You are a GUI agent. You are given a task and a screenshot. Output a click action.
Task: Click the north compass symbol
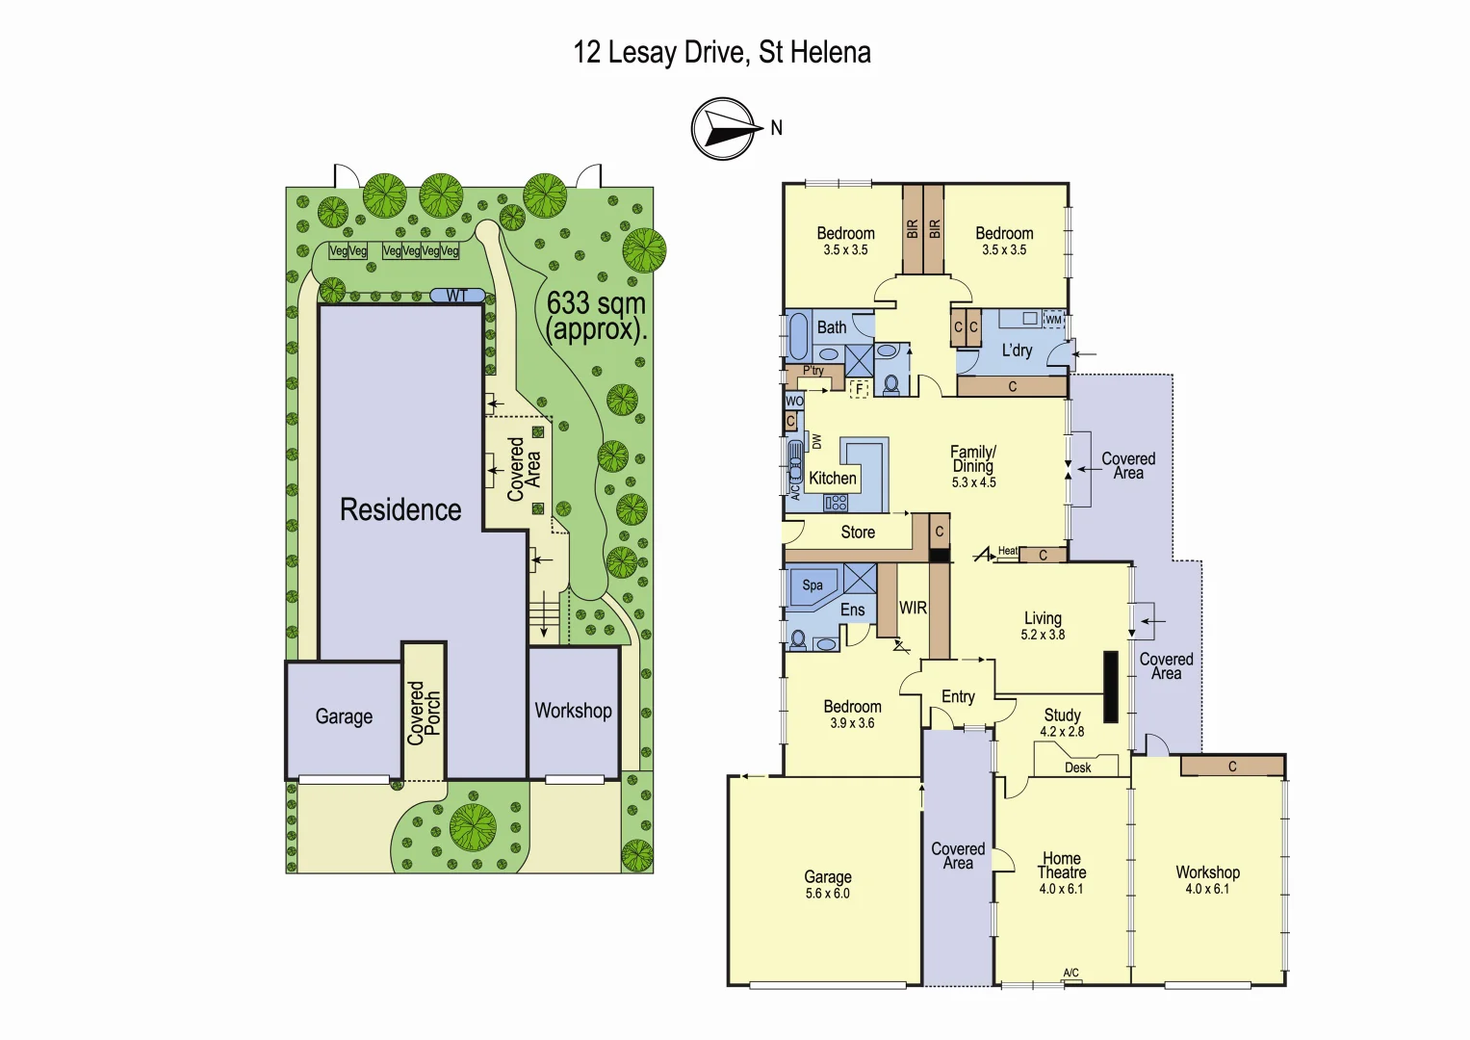point(723,129)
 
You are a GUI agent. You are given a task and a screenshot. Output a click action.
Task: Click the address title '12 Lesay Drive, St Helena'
point(722,52)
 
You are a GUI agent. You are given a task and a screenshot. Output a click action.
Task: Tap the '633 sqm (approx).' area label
point(596,316)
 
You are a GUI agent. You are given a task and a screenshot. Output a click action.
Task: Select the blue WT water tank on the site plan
point(456,296)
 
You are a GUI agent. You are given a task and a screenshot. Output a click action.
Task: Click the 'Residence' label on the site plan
point(400,509)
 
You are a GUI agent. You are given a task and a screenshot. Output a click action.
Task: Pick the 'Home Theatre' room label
point(1061,865)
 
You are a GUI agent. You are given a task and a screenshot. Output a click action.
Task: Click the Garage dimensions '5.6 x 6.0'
point(828,894)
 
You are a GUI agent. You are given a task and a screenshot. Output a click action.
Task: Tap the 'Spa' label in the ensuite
point(812,585)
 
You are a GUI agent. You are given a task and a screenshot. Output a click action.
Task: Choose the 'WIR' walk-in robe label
point(913,608)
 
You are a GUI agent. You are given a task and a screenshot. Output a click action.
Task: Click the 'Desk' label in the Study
point(1078,767)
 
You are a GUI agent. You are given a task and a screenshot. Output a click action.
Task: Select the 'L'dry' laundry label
point(1017,351)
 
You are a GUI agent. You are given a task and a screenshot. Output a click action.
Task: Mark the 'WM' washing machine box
point(1053,320)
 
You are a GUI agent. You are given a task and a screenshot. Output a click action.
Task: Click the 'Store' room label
point(858,533)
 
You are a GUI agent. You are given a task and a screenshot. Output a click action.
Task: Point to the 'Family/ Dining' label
point(973,458)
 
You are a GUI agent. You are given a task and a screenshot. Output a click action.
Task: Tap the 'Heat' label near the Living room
point(1007,551)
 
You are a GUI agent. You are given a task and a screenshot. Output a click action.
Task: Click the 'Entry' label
point(958,696)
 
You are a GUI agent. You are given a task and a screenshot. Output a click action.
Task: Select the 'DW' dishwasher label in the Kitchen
point(817,441)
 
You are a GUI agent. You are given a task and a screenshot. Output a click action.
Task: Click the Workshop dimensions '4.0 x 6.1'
point(1207,889)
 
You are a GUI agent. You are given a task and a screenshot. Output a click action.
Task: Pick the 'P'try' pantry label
point(813,371)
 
